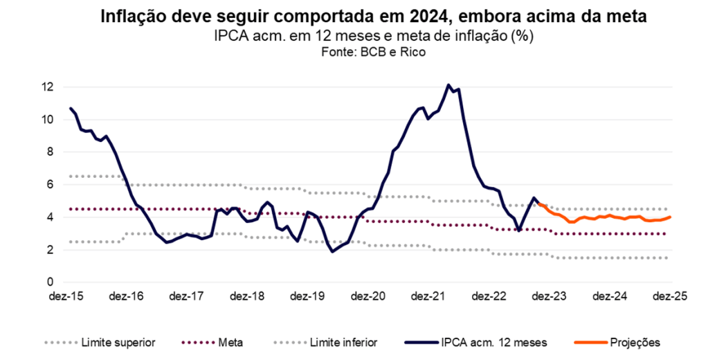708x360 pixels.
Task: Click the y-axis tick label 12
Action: (48, 87)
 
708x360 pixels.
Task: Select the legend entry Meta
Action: (229, 342)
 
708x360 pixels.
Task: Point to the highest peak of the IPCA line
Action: (448, 85)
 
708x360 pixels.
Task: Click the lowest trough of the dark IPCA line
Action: (333, 251)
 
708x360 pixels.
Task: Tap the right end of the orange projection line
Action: (670, 217)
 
